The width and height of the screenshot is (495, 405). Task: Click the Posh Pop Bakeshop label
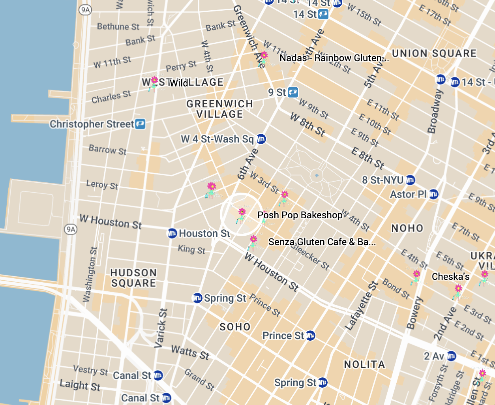coord(300,215)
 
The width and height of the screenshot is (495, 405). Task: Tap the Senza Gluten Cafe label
coord(322,242)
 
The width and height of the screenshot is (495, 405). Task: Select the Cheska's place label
coord(450,277)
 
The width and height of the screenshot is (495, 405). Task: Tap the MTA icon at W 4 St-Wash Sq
coord(261,139)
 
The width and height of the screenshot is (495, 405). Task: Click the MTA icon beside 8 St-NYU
coord(411,180)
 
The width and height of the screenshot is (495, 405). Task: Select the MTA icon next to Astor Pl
coord(433,194)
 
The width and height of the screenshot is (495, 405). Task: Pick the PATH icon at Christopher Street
coord(140,124)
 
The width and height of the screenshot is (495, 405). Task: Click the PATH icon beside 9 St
coord(292,92)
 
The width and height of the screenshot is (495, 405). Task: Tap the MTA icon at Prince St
coord(311,336)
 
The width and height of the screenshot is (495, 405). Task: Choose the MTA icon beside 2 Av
coord(452,356)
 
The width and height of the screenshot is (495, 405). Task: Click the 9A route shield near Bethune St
coord(85,10)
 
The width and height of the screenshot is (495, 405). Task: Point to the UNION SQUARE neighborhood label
coord(434,53)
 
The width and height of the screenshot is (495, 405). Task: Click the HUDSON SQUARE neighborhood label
coord(133,278)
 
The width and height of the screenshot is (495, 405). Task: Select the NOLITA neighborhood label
coord(364,364)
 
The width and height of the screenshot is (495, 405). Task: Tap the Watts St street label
coord(190,352)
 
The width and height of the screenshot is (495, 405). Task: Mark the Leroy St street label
coord(102,185)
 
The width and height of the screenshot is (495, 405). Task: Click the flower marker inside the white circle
coord(242,215)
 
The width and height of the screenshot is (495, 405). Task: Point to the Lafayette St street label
coord(361,305)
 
